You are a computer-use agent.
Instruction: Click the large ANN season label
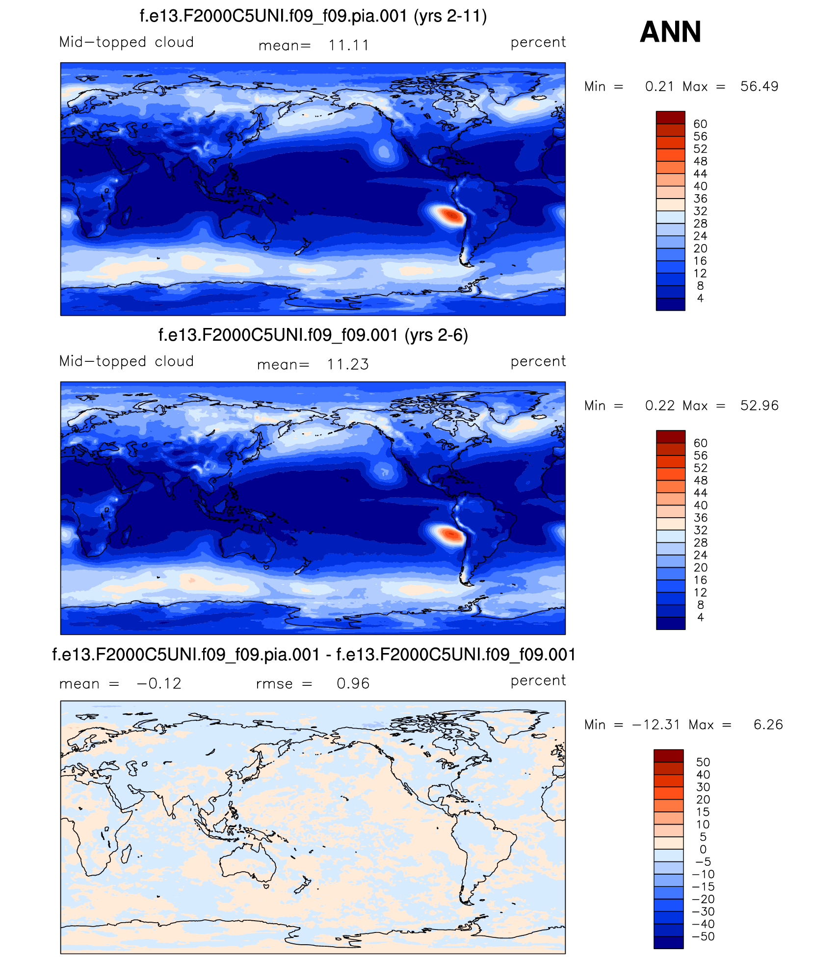[670, 32]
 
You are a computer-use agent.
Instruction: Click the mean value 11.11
[348, 46]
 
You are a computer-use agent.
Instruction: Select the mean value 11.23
[347, 365]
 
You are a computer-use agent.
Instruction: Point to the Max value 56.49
[759, 87]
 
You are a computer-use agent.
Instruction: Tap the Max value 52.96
[759, 406]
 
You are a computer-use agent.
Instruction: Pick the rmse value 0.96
[353, 684]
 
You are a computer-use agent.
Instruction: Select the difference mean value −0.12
[159, 684]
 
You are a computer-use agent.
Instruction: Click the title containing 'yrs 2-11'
[313, 16]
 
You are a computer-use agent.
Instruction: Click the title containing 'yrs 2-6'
[313, 335]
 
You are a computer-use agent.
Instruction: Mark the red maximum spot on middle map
[450, 533]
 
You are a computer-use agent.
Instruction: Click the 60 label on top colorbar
[700, 124]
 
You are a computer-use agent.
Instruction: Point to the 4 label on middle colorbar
[700, 618]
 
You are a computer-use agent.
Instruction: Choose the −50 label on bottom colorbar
[703, 937]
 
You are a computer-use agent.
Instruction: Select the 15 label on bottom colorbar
[703, 812]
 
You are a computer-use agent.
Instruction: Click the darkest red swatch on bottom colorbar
[668, 756]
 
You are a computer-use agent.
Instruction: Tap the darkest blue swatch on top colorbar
[670, 304]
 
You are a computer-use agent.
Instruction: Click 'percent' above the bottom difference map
[538, 681]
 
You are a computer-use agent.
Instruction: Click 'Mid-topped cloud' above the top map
[127, 43]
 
